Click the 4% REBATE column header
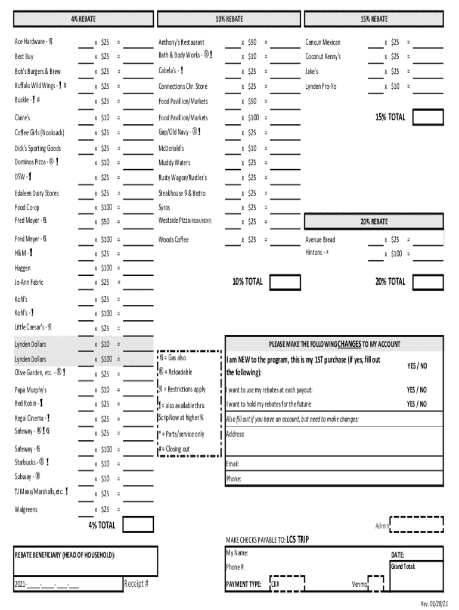pyautogui.click(x=83, y=19)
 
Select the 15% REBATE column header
pyautogui.click(x=374, y=19)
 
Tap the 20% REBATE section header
pyautogui.click(x=374, y=222)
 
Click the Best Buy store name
pyautogui.click(x=24, y=57)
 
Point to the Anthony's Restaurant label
pyautogui.click(x=181, y=42)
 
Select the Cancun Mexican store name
pyautogui.click(x=323, y=42)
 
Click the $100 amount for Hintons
pyautogui.click(x=396, y=254)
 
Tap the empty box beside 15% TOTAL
pyautogui.click(x=428, y=118)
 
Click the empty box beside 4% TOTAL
pyautogui.click(x=138, y=525)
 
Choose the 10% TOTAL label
pyautogui.click(x=247, y=282)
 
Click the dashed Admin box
pyautogui.click(x=417, y=524)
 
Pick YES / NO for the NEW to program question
pyautogui.click(x=417, y=365)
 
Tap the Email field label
pyautogui.click(x=232, y=463)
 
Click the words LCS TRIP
pyautogui.click(x=297, y=540)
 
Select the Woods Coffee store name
pyautogui.click(x=173, y=239)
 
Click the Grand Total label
pyautogui.click(x=403, y=566)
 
